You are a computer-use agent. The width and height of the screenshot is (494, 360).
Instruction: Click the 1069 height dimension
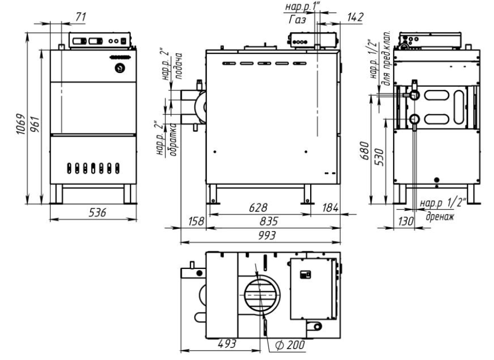(x=20, y=125)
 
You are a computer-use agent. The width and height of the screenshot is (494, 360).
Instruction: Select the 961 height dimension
(x=35, y=125)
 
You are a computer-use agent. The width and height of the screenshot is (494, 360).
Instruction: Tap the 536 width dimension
(x=97, y=212)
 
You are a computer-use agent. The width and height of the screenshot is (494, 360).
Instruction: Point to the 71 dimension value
(x=81, y=16)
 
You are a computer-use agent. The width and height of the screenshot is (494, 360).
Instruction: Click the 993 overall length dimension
(x=267, y=235)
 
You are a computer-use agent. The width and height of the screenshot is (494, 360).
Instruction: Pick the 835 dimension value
(x=269, y=221)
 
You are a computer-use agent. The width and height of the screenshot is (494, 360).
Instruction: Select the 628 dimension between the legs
(x=258, y=207)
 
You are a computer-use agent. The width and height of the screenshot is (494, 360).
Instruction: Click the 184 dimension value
(x=330, y=207)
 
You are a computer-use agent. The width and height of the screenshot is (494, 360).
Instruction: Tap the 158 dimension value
(x=196, y=221)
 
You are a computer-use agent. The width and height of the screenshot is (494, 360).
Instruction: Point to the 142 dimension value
(x=355, y=18)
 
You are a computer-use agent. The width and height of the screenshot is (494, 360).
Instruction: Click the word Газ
(x=297, y=20)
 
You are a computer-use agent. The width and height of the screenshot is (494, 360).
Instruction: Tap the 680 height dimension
(x=364, y=151)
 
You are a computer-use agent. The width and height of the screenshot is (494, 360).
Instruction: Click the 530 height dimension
(x=380, y=157)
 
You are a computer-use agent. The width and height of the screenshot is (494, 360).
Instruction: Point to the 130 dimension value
(x=406, y=221)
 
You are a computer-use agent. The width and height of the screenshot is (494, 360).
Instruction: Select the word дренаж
(x=440, y=216)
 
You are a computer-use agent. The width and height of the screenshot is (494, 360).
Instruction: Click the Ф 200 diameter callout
(x=290, y=345)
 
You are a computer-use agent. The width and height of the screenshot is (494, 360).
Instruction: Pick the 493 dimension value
(x=227, y=344)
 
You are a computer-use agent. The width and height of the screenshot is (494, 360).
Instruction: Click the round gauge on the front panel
(x=120, y=67)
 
